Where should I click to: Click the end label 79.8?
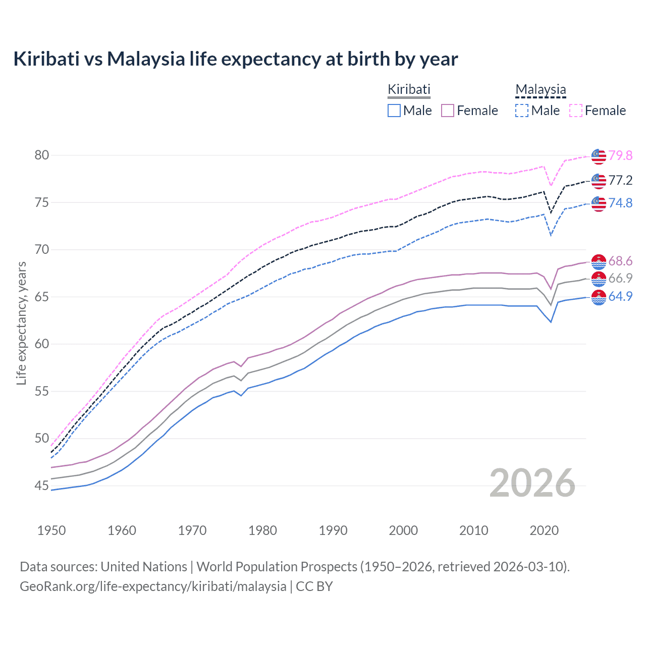(620, 155)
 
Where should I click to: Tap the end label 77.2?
(620, 180)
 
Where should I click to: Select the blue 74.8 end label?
(620, 203)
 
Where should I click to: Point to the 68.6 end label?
(620, 261)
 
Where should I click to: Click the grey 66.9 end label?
(620, 278)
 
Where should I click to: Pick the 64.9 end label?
(620, 296)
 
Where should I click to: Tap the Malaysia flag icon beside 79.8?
(599, 156)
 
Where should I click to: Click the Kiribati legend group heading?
(409, 89)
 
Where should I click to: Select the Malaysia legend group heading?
(541, 89)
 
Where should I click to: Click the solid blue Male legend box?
(394, 111)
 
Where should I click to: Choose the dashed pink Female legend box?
(576, 111)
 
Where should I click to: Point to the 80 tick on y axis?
(42, 155)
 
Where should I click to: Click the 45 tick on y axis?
(42, 486)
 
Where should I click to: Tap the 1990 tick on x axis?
(333, 530)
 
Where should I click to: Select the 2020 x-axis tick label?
(544, 530)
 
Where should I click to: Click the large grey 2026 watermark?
(532, 483)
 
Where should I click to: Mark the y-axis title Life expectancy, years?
(21, 323)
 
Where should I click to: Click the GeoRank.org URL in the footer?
(153, 586)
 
